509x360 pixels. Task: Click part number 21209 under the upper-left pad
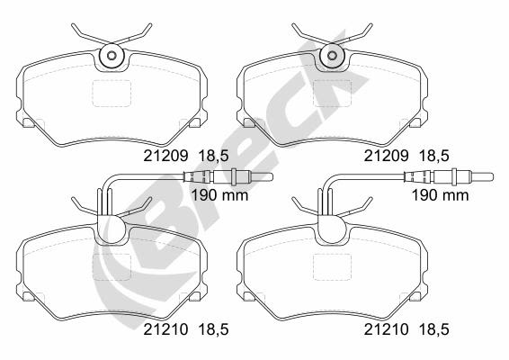[165, 156]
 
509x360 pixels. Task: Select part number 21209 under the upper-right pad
[387, 156]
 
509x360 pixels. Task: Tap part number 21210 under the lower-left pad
[165, 329]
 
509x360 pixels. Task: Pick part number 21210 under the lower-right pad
[387, 329]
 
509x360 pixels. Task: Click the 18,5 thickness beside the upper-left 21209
[213, 157]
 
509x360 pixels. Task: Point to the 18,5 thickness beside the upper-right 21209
[434, 157]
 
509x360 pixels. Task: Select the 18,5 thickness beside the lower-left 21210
[213, 329]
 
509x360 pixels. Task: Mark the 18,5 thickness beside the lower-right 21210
[434, 329]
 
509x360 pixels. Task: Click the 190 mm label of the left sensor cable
[219, 195]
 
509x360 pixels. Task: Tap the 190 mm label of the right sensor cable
[440, 195]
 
